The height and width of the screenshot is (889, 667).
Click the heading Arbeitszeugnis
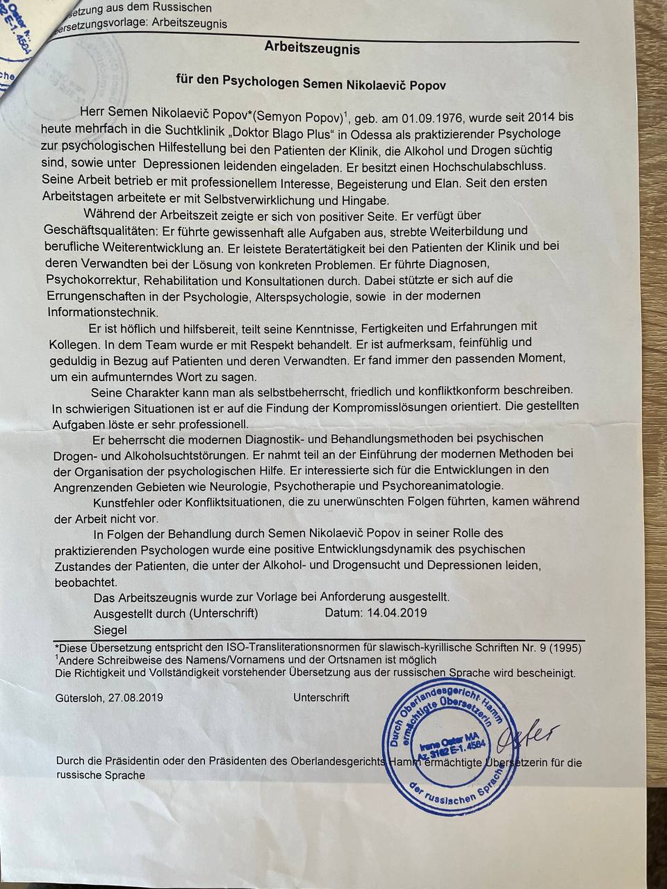tap(312, 49)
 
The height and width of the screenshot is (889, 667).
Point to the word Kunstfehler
tap(128, 501)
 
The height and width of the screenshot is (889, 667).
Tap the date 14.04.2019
tap(395, 613)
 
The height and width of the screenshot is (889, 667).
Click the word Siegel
tap(110, 630)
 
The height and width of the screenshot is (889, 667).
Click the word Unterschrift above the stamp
tap(321, 697)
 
